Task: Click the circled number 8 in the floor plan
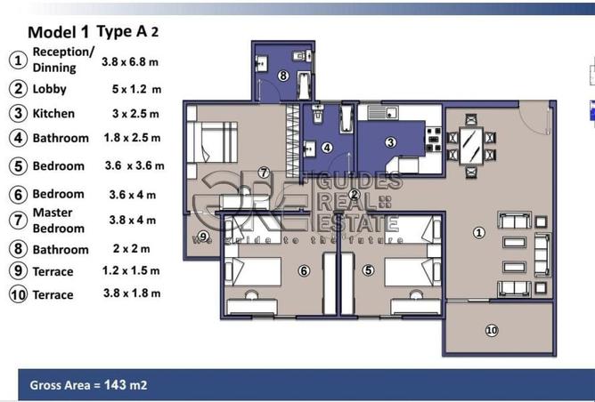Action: (x=282, y=76)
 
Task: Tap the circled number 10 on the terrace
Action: (x=492, y=330)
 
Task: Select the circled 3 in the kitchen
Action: (x=390, y=142)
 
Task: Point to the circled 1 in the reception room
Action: (x=479, y=233)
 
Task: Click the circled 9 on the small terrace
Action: (x=204, y=237)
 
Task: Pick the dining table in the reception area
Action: (x=471, y=146)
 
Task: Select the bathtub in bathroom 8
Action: (x=304, y=84)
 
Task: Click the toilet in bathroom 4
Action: (x=318, y=115)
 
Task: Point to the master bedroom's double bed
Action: (x=213, y=141)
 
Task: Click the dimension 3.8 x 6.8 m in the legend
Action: (x=130, y=61)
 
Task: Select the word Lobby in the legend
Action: (x=50, y=90)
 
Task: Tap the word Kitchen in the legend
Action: (x=53, y=114)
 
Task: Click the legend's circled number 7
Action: (x=18, y=221)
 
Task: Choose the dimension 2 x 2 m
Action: (x=131, y=249)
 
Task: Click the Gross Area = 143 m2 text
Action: (x=88, y=385)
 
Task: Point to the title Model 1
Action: (x=59, y=32)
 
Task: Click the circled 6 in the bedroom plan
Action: (x=304, y=271)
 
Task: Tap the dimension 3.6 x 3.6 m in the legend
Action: (x=134, y=165)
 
